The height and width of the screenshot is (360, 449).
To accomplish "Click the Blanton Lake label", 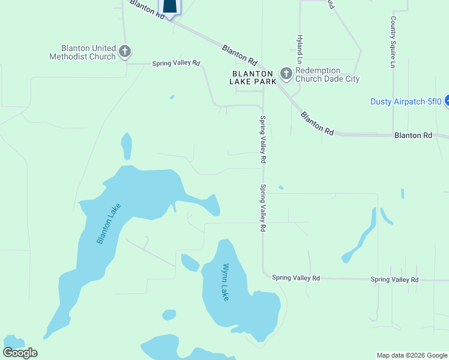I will click(x=109, y=223).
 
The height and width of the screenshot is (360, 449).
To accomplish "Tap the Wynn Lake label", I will click(x=226, y=282).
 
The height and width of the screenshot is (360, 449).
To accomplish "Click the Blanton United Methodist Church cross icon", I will click(x=125, y=52).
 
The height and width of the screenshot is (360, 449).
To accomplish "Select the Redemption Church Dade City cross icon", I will click(x=286, y=74).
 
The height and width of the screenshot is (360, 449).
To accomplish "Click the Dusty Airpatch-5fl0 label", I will click(x=406, y=101).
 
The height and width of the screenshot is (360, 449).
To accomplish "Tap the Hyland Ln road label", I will click(x=300, y=47).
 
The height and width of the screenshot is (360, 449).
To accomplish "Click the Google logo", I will click(x=20, y=353).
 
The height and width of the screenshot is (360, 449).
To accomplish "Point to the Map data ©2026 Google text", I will click(x=412, y=355).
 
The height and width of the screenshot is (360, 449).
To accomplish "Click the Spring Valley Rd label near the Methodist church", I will click(x=175, y=63).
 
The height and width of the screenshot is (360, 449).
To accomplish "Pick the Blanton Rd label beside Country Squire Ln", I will click(x=413, y=136).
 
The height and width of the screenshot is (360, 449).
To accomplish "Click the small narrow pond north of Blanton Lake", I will click(x=126, y=146).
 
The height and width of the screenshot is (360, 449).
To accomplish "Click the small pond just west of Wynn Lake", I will click(x=190, y=263).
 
